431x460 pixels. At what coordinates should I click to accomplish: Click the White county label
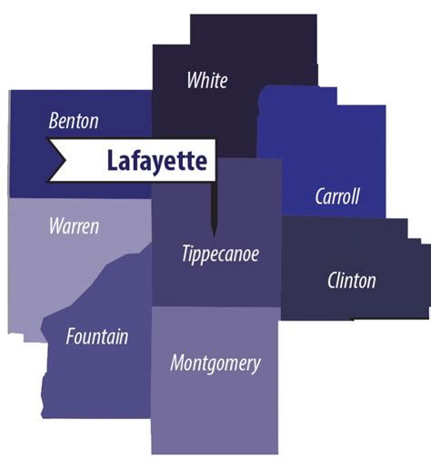(x=206, y=80)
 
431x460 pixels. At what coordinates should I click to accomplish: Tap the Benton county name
(x=74, y=121)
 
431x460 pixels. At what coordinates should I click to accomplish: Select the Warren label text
(x=73, y=225)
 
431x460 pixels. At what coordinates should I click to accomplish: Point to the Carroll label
(x=337, y=195)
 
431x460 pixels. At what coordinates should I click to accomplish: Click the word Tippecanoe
(x=219, y=254)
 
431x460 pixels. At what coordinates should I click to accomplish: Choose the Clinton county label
(x=351, y=280)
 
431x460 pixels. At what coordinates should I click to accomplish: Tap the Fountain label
(x=96, y=336)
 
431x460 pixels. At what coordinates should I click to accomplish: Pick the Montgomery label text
(x=215, y=364)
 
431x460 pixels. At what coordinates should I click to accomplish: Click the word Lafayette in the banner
(x=156, y=162)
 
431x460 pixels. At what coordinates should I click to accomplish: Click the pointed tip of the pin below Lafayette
(x=214, y=232)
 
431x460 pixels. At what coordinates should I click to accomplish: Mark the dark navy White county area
(x=236, y=109)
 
